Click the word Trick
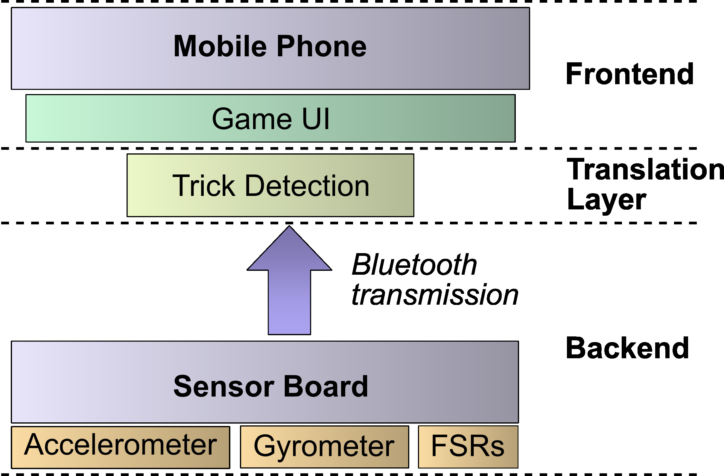(203, 185)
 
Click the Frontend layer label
(629, 74)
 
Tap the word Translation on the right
(645, 170)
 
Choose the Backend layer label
(627, 348)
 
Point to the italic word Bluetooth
(414, 265)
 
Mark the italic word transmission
(435, 295)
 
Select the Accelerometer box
(121, 447)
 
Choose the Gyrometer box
(324, 447)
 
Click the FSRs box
(468, 447)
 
